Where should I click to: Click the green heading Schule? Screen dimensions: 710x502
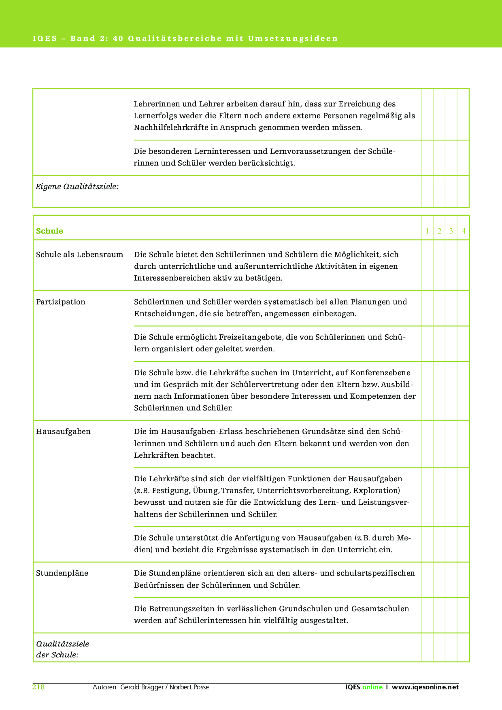click(x=49, y=231)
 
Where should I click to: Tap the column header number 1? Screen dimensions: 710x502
click(x=427, y=231)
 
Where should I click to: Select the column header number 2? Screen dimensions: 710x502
click(x=439, y=231)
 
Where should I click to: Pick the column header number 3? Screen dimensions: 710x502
click(x=451, y=231)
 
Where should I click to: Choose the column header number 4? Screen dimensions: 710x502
click(x=464, y=231)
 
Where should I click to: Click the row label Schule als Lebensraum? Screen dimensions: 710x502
click(x=79, y=255)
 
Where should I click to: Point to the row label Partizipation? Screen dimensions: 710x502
click(x=61, y=302)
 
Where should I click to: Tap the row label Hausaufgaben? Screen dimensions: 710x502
click(x=63, y=432)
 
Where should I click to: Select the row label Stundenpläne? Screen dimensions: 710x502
click(x=62, y=573)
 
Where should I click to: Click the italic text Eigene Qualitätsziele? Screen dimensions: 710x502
click(x=77, y=187)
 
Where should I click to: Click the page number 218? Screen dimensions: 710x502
click(x=38, y=687)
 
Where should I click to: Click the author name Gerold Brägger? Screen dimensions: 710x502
click(x=142, y=687)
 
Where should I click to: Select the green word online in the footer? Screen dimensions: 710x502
click(x=372, y=687)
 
